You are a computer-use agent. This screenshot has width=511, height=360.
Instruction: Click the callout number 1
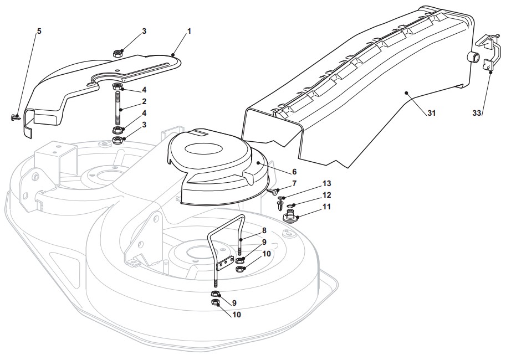[189, 31]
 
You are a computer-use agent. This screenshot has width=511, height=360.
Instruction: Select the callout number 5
[39, 31]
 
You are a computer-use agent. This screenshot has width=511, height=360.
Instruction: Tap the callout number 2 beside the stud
[144, 101]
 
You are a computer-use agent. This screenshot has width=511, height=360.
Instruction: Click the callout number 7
[294, 183]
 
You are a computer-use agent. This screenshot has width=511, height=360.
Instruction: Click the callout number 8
[264, 230]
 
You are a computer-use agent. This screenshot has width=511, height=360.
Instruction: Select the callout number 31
[431, 113]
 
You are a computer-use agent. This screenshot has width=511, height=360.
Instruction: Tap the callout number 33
[477, 113]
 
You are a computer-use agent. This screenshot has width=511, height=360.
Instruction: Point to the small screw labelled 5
[17, 117]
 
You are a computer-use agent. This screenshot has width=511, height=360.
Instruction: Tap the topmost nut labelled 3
[117, 54]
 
